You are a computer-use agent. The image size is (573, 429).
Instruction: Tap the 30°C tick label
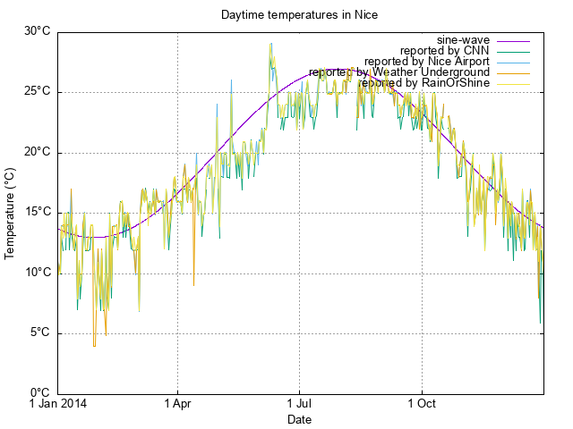pyautogui.click(x=37, y=31)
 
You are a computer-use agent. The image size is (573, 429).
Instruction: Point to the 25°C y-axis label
pyautogui.click(x=37, y=92)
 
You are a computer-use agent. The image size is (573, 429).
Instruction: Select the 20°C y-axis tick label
pyautogui.click(x=37, y=152)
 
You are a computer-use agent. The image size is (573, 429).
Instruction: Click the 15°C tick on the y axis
pyautogui.click(x=37, y=213)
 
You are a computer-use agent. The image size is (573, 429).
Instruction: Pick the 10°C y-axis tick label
pyautogui.click(x=37, y=273)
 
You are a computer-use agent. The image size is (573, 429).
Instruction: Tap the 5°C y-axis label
pyautogui.click(x=40, y=333)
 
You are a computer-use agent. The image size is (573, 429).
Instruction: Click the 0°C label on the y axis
pyautogui.click(x=40, y=393)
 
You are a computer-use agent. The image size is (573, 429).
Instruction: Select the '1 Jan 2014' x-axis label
pyautogui.click(x=58, y=405)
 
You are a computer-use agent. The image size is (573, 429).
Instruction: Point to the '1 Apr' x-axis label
pyautogui.click(x=177, y=405)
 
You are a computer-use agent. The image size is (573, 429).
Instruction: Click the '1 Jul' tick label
pyautogui.click(x=299, y=405)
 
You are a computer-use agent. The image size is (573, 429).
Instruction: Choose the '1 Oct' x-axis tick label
pyautogui.click(x=421, y=405)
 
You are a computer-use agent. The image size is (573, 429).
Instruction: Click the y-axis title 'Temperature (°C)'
pyautogui.click(x=10, y=213)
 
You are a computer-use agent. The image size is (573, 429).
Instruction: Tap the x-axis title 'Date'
pyautogui.click(x=299, y=419)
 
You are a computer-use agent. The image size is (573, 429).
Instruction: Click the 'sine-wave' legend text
pyautogui.click(x=463, y=40)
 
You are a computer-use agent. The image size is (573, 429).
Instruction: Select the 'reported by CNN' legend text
pyautogui.click(x=445, y=51)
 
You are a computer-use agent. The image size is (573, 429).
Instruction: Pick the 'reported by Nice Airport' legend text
pyautogui.click(x=427, y=62)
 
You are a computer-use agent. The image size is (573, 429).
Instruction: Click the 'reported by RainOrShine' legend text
pyautogui.click(x=423, y=83)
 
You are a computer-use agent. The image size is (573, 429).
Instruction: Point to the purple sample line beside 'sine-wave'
pyautogui.click(x=513, y=40)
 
